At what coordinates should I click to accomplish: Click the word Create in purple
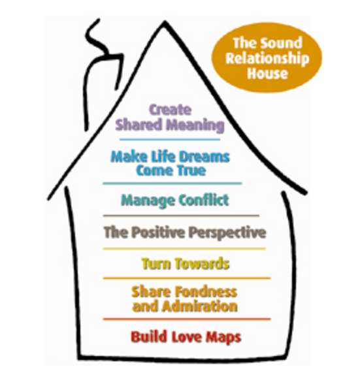(170, 110)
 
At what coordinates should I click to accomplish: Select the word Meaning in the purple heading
(195, 125)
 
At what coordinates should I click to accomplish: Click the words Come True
(171, 170)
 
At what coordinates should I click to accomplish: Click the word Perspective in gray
(227, 233)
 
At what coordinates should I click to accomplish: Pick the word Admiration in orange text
(200, 306)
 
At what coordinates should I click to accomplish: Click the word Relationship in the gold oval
(267, 59)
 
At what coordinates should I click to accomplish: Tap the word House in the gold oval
(267, 73)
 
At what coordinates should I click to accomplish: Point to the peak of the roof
(164, 22)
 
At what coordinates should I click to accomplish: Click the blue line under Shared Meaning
(170, 140)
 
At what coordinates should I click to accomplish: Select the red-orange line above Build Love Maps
(187, 319)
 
